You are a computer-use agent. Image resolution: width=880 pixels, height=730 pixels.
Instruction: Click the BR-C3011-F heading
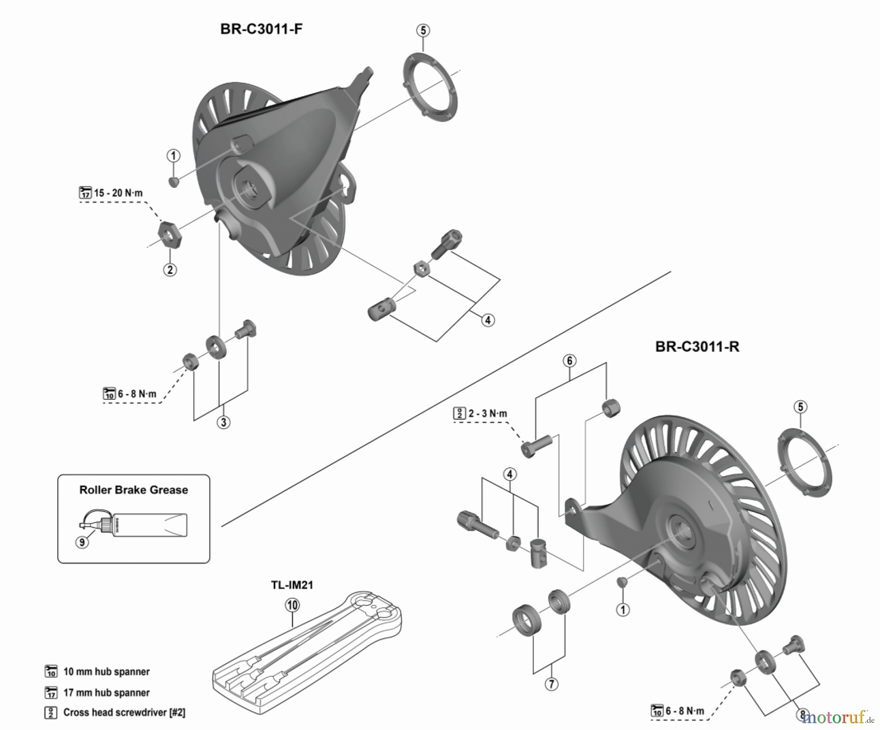[261, 29]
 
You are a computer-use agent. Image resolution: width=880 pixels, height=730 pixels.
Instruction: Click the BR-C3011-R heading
[697, 347]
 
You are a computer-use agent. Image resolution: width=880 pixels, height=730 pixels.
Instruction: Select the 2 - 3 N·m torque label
[487, 414]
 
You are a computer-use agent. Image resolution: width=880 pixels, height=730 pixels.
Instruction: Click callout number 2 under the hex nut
[170, 270]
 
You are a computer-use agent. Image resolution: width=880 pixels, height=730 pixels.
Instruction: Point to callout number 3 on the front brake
[223, 422]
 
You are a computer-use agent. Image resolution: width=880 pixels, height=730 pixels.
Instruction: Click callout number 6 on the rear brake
[570, 361]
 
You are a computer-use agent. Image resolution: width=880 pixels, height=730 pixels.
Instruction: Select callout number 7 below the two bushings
[551, 684]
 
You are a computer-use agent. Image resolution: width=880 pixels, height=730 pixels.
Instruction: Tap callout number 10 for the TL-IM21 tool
[292, 605]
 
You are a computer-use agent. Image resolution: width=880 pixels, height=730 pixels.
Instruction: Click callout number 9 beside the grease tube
[82, 542]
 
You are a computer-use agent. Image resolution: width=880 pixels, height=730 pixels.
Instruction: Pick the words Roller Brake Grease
[133, 490]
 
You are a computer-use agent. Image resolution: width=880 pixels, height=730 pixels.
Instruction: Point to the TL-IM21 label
[292, 585]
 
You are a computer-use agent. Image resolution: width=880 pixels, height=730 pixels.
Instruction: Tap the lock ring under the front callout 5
[430, 87]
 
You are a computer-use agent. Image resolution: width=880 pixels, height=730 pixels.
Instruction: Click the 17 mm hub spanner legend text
[106, 693]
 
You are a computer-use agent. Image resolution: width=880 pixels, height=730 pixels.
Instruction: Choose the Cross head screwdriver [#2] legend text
[124, 712]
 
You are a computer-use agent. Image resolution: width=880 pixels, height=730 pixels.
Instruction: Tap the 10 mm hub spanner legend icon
[51, 671]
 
